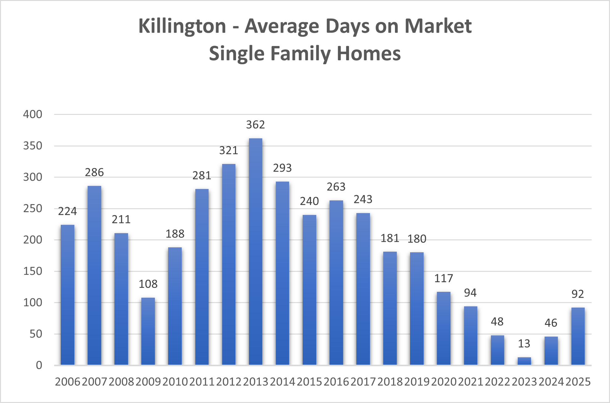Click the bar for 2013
click(255, 252)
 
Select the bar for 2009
click(148, 331)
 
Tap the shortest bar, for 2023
click(524, 361)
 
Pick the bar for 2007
click(94, 275)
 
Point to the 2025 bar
click(578, 336)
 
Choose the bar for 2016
click(336, 283)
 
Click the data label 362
click(255, 125)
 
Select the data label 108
click(148, 284)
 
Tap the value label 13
click(524, 344)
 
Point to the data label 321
click(229, 151)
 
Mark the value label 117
click(444, 279)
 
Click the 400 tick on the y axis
click(33, 115)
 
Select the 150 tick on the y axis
click(33, 271)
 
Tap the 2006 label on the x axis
click(68, 382)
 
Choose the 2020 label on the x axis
click(444, 382)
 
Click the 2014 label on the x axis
click(283, 382)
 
